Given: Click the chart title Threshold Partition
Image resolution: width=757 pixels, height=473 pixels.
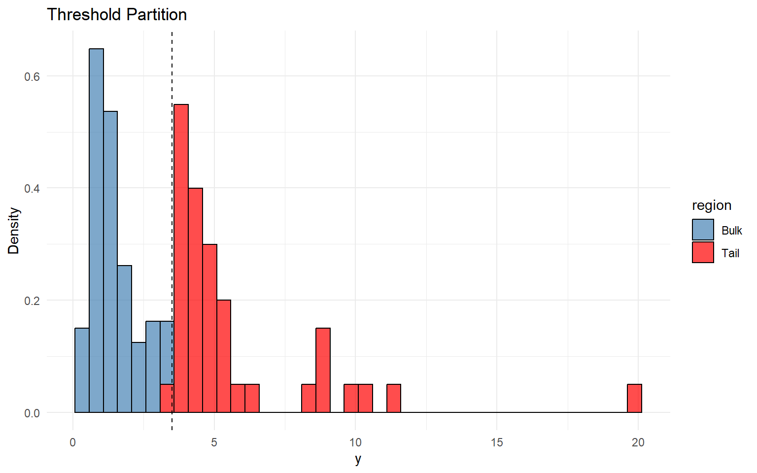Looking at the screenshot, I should click(x=117, y=15).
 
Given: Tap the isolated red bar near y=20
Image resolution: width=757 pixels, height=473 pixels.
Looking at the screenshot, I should click(x=634, y=399).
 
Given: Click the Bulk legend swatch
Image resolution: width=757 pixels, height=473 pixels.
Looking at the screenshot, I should click(x=703, y=230).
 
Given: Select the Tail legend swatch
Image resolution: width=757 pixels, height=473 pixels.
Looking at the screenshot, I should click(x=703, y=252).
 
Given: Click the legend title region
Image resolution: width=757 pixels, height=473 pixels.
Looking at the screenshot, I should click(x=711, y=205).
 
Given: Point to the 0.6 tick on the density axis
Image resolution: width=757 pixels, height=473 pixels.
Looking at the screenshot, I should click(x=32, y=76).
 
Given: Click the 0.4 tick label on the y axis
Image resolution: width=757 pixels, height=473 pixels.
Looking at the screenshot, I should click(x=32, y=188).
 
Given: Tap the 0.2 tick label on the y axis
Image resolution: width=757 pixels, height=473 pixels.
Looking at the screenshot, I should click(x=32, y=301).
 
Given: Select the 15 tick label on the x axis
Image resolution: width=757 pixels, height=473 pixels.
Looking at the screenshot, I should click(x=497, y=442).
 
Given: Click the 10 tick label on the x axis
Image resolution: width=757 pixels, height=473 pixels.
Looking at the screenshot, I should click(x=355, y=442).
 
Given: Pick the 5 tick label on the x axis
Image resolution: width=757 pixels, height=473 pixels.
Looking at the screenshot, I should click(x=214, y=442).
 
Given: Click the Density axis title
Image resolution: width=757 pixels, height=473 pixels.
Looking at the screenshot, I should click(x=14, y=231).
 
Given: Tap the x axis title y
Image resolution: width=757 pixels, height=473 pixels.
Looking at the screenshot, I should click(x=358, y=459).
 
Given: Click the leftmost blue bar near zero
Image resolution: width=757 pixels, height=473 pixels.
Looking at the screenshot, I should click(x=82, y=370).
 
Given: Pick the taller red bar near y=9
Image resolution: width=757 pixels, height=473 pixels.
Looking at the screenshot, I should click(x=323, y=370).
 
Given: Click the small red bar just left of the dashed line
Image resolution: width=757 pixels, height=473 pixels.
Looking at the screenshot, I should click(x=166, y=399).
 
